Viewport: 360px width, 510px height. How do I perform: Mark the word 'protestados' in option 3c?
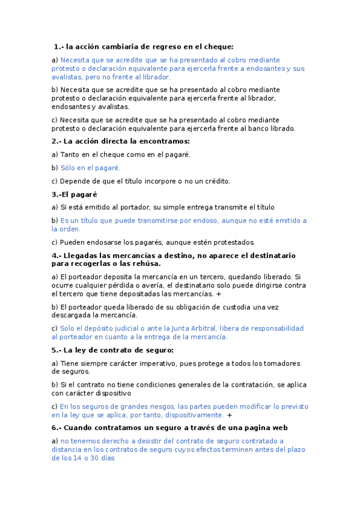tap(233, 242)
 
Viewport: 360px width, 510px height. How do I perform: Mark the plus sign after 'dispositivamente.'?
tap(230, 415)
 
